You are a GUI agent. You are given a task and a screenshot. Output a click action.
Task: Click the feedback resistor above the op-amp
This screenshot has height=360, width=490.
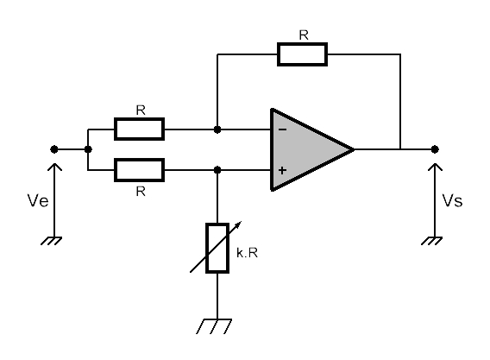coord(302,54)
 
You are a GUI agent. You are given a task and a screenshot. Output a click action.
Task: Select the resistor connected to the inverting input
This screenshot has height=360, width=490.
coord(140,129)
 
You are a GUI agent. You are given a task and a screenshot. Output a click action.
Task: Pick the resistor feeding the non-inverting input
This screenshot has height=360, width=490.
coord(140,170)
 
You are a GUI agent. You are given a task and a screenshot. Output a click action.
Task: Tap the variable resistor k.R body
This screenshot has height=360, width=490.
coord(217,248)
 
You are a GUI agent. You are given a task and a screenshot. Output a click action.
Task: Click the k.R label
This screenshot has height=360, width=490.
coord(248,253)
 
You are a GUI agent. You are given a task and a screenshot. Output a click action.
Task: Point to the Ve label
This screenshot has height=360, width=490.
coord(38,200)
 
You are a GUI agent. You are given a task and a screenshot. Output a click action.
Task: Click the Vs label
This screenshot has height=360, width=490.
coord(452,200)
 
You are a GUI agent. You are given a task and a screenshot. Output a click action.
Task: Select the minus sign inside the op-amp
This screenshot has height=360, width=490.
coord(282,129)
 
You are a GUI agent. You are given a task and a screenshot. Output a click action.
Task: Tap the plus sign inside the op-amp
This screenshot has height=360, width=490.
coord(282,170)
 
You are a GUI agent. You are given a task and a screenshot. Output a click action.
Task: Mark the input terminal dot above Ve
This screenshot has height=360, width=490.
coord(54,149)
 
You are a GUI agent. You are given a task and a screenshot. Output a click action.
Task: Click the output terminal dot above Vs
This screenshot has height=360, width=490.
coord(435,149)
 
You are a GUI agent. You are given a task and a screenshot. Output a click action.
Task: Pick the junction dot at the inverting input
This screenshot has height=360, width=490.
coord(217,129)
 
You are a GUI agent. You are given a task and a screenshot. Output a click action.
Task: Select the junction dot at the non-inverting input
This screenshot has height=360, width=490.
coord(217,170)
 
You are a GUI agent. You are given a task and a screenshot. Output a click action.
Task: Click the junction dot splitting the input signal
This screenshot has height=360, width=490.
coord(88,149)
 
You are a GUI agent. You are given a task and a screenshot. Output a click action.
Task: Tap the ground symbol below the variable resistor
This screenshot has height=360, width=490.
coord(214,326)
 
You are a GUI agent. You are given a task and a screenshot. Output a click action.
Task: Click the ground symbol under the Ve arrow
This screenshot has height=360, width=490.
coord(52,241)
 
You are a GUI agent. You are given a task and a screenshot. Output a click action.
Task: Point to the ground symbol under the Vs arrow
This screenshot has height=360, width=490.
coord(432,241)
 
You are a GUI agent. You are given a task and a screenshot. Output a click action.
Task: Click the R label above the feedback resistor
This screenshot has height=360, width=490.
coord(304,35)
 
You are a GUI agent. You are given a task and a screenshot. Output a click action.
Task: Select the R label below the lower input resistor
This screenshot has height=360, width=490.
coord(141,191)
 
